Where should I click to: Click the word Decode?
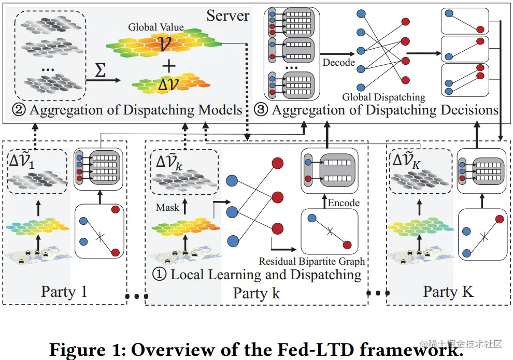pyautogui.click(x=338, y=63)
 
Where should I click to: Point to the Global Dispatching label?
pyautogui.click(x=383, y=97)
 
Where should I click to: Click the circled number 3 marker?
pyautogui.click(x=262, y=110)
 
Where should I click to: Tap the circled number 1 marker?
pyautogui.click(x=161, y=274)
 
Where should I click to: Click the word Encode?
pyautogui.click(x=344, y=203)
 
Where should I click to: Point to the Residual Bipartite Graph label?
pyautogui.click(x=312, y=261)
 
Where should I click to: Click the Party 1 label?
pyautogui.click(x=64, y=291)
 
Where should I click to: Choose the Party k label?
pyautogui.click(x=256, y=293)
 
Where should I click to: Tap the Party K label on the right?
pyautogui.click(x=448, y=291)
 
